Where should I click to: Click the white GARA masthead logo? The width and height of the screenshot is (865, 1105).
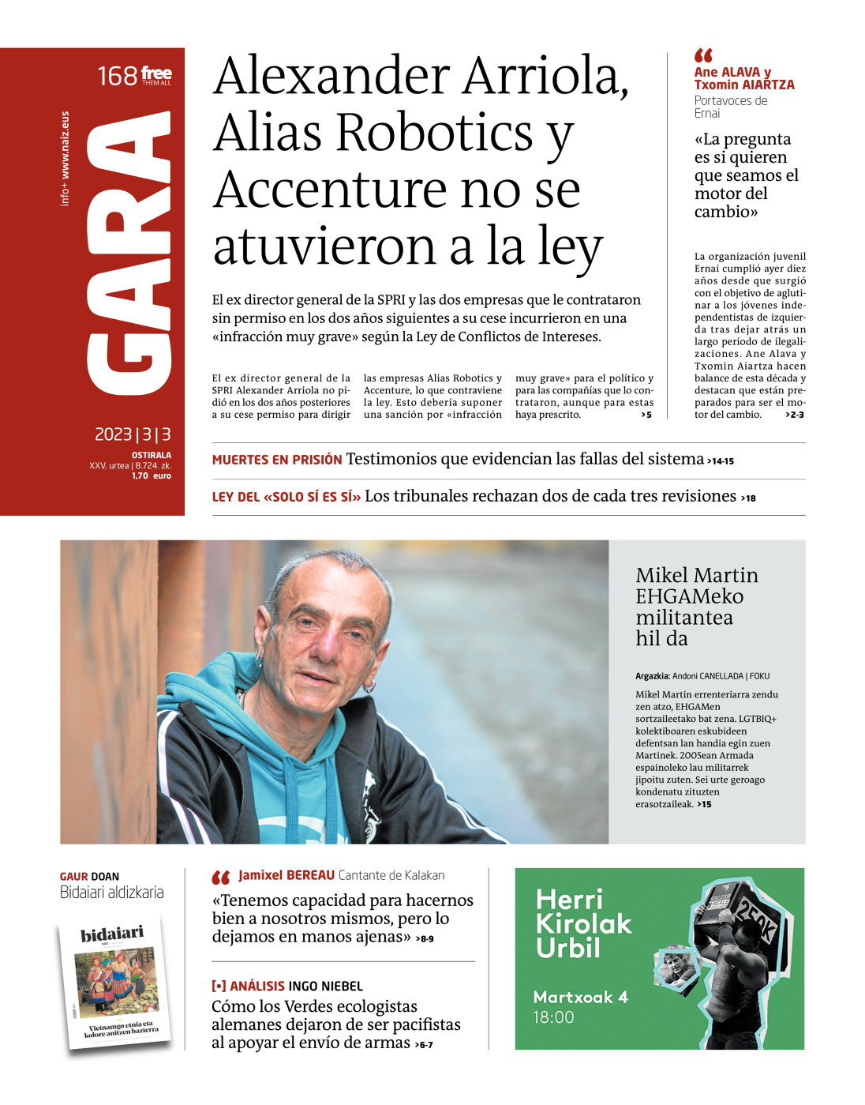coord(128,253)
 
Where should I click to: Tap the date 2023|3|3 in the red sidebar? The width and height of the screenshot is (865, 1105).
coord(133,434)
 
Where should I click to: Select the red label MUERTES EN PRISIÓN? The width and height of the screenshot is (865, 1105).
coord(276,460)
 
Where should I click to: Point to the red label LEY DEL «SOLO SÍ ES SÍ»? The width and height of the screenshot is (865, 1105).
coord(286,497)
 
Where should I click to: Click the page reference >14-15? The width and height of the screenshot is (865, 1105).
coord(721,460)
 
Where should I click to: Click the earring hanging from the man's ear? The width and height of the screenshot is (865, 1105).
coord(369,687)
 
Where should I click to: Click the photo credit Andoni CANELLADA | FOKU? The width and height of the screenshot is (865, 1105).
coord(720,676)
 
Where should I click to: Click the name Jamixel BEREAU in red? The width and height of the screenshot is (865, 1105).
coord(286,875)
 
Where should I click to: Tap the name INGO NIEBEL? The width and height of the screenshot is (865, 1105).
coord(325,986)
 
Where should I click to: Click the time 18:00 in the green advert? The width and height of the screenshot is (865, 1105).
coord(553,1017)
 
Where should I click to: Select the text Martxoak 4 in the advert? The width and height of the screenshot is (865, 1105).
coord(580,997)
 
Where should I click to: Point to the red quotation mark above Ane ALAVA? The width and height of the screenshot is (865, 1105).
coord(703,55)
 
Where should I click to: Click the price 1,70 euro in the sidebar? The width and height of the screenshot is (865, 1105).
coord(151,476)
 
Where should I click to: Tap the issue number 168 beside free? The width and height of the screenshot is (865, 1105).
coord(117,77)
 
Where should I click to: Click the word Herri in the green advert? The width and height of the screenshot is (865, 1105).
coord(569,899)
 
